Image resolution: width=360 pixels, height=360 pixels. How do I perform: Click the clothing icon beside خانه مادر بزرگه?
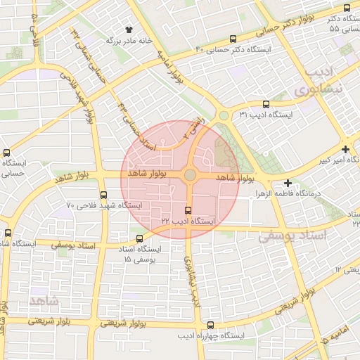pyautogui.click(x=129, y=30)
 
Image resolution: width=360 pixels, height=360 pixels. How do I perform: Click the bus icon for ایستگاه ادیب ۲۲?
pyautogui.click(x=187, y=210)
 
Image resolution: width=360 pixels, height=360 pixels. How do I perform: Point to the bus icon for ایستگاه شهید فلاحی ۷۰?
pyautogui.click(x=104, y=195)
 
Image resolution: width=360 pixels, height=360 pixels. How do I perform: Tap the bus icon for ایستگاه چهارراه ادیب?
pyautogui.click(x=211, y=325)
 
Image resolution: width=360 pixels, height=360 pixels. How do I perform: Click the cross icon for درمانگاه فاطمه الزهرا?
pyautogui.click(x=288, y=183)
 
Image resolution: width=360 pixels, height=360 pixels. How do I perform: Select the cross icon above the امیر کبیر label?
pyautogui.click(x=345, y=149)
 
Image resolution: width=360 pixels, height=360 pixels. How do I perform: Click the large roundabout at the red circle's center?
pyautogui.click(x=190, y=175)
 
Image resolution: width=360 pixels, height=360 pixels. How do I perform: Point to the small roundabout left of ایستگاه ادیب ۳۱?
pyautogui.click(x=224, y=116)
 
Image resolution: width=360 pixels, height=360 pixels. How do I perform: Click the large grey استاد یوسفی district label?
pyautogui.click(x=293, y=236)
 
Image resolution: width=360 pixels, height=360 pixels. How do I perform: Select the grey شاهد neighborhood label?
pyautogui.click(x=46, y=301)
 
